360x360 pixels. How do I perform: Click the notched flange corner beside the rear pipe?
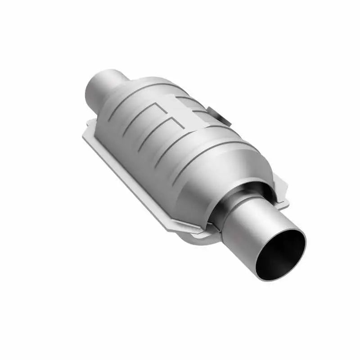pos(90,125)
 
